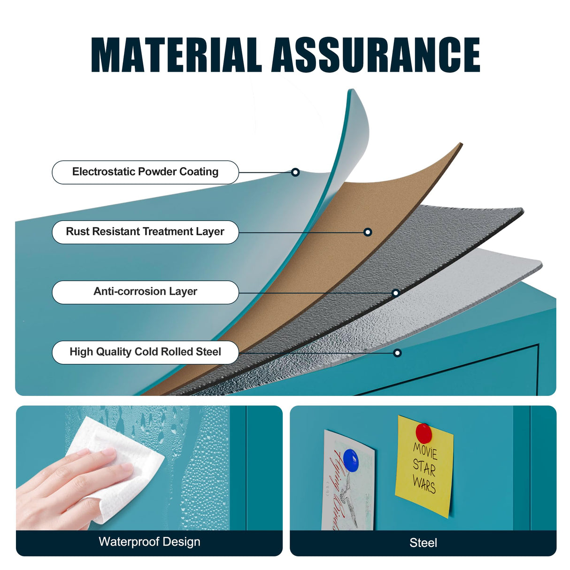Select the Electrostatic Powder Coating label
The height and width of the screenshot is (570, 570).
(145, 172)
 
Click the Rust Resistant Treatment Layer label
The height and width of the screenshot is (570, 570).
(145, 231)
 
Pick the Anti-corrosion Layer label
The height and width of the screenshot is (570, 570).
(145, 292)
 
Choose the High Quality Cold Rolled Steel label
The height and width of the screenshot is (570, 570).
(145, 352)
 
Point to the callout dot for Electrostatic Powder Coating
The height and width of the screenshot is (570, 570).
(295, 172)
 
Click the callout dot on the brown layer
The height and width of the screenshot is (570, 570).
(368, 232)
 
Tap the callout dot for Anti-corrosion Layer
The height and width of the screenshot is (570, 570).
(395, 293)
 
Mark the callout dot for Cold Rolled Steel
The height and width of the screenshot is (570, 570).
(397, 353)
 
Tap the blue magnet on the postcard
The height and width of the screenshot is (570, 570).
(351, 460)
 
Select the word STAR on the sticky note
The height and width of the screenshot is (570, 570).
(424, 467)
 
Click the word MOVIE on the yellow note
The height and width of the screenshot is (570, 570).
(425, 451)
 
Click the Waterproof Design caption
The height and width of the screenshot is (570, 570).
(149, 542)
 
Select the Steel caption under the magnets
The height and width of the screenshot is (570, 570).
(423, 543)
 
